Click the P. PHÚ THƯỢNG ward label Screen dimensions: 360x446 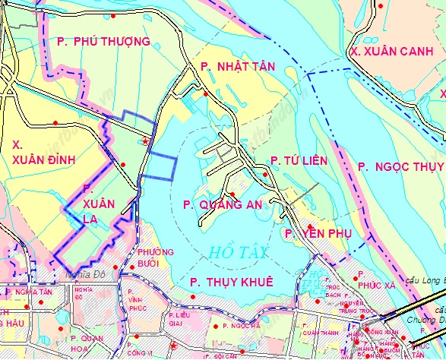(103, 41)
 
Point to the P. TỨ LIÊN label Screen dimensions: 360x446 (299, 160)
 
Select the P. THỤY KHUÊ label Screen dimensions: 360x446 (231, 282)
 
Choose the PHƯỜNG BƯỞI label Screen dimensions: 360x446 (156, 258)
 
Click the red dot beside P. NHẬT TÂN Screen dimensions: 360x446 (206, 93)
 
